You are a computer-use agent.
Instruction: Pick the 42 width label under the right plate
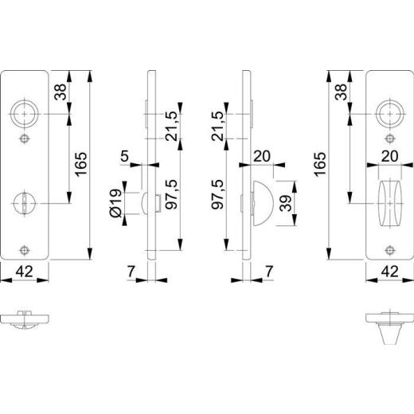coord(390,271)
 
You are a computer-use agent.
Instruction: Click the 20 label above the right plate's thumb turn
coord(389,155)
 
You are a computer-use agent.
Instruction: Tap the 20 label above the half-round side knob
coord(262,157)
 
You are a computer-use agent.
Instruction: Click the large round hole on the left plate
coord(26,114)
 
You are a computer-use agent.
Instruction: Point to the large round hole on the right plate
coord(389,114)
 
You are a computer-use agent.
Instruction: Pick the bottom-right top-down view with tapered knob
coord(389,325)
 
